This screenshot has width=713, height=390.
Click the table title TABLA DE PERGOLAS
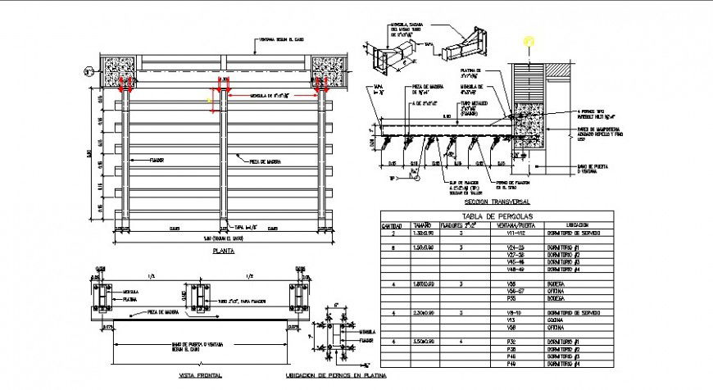pos(497,215)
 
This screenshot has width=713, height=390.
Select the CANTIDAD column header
pos(391,224)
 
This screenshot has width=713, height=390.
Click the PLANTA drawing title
pos(221,252)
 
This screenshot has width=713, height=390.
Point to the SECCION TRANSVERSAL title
pos(497,201)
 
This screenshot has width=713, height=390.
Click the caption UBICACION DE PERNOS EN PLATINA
pos(336,375)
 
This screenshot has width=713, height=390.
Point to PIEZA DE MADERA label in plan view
pos(261,161)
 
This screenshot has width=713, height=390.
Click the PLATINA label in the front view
pos(130,300)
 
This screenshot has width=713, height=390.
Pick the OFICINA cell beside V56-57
pos(559,291)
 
